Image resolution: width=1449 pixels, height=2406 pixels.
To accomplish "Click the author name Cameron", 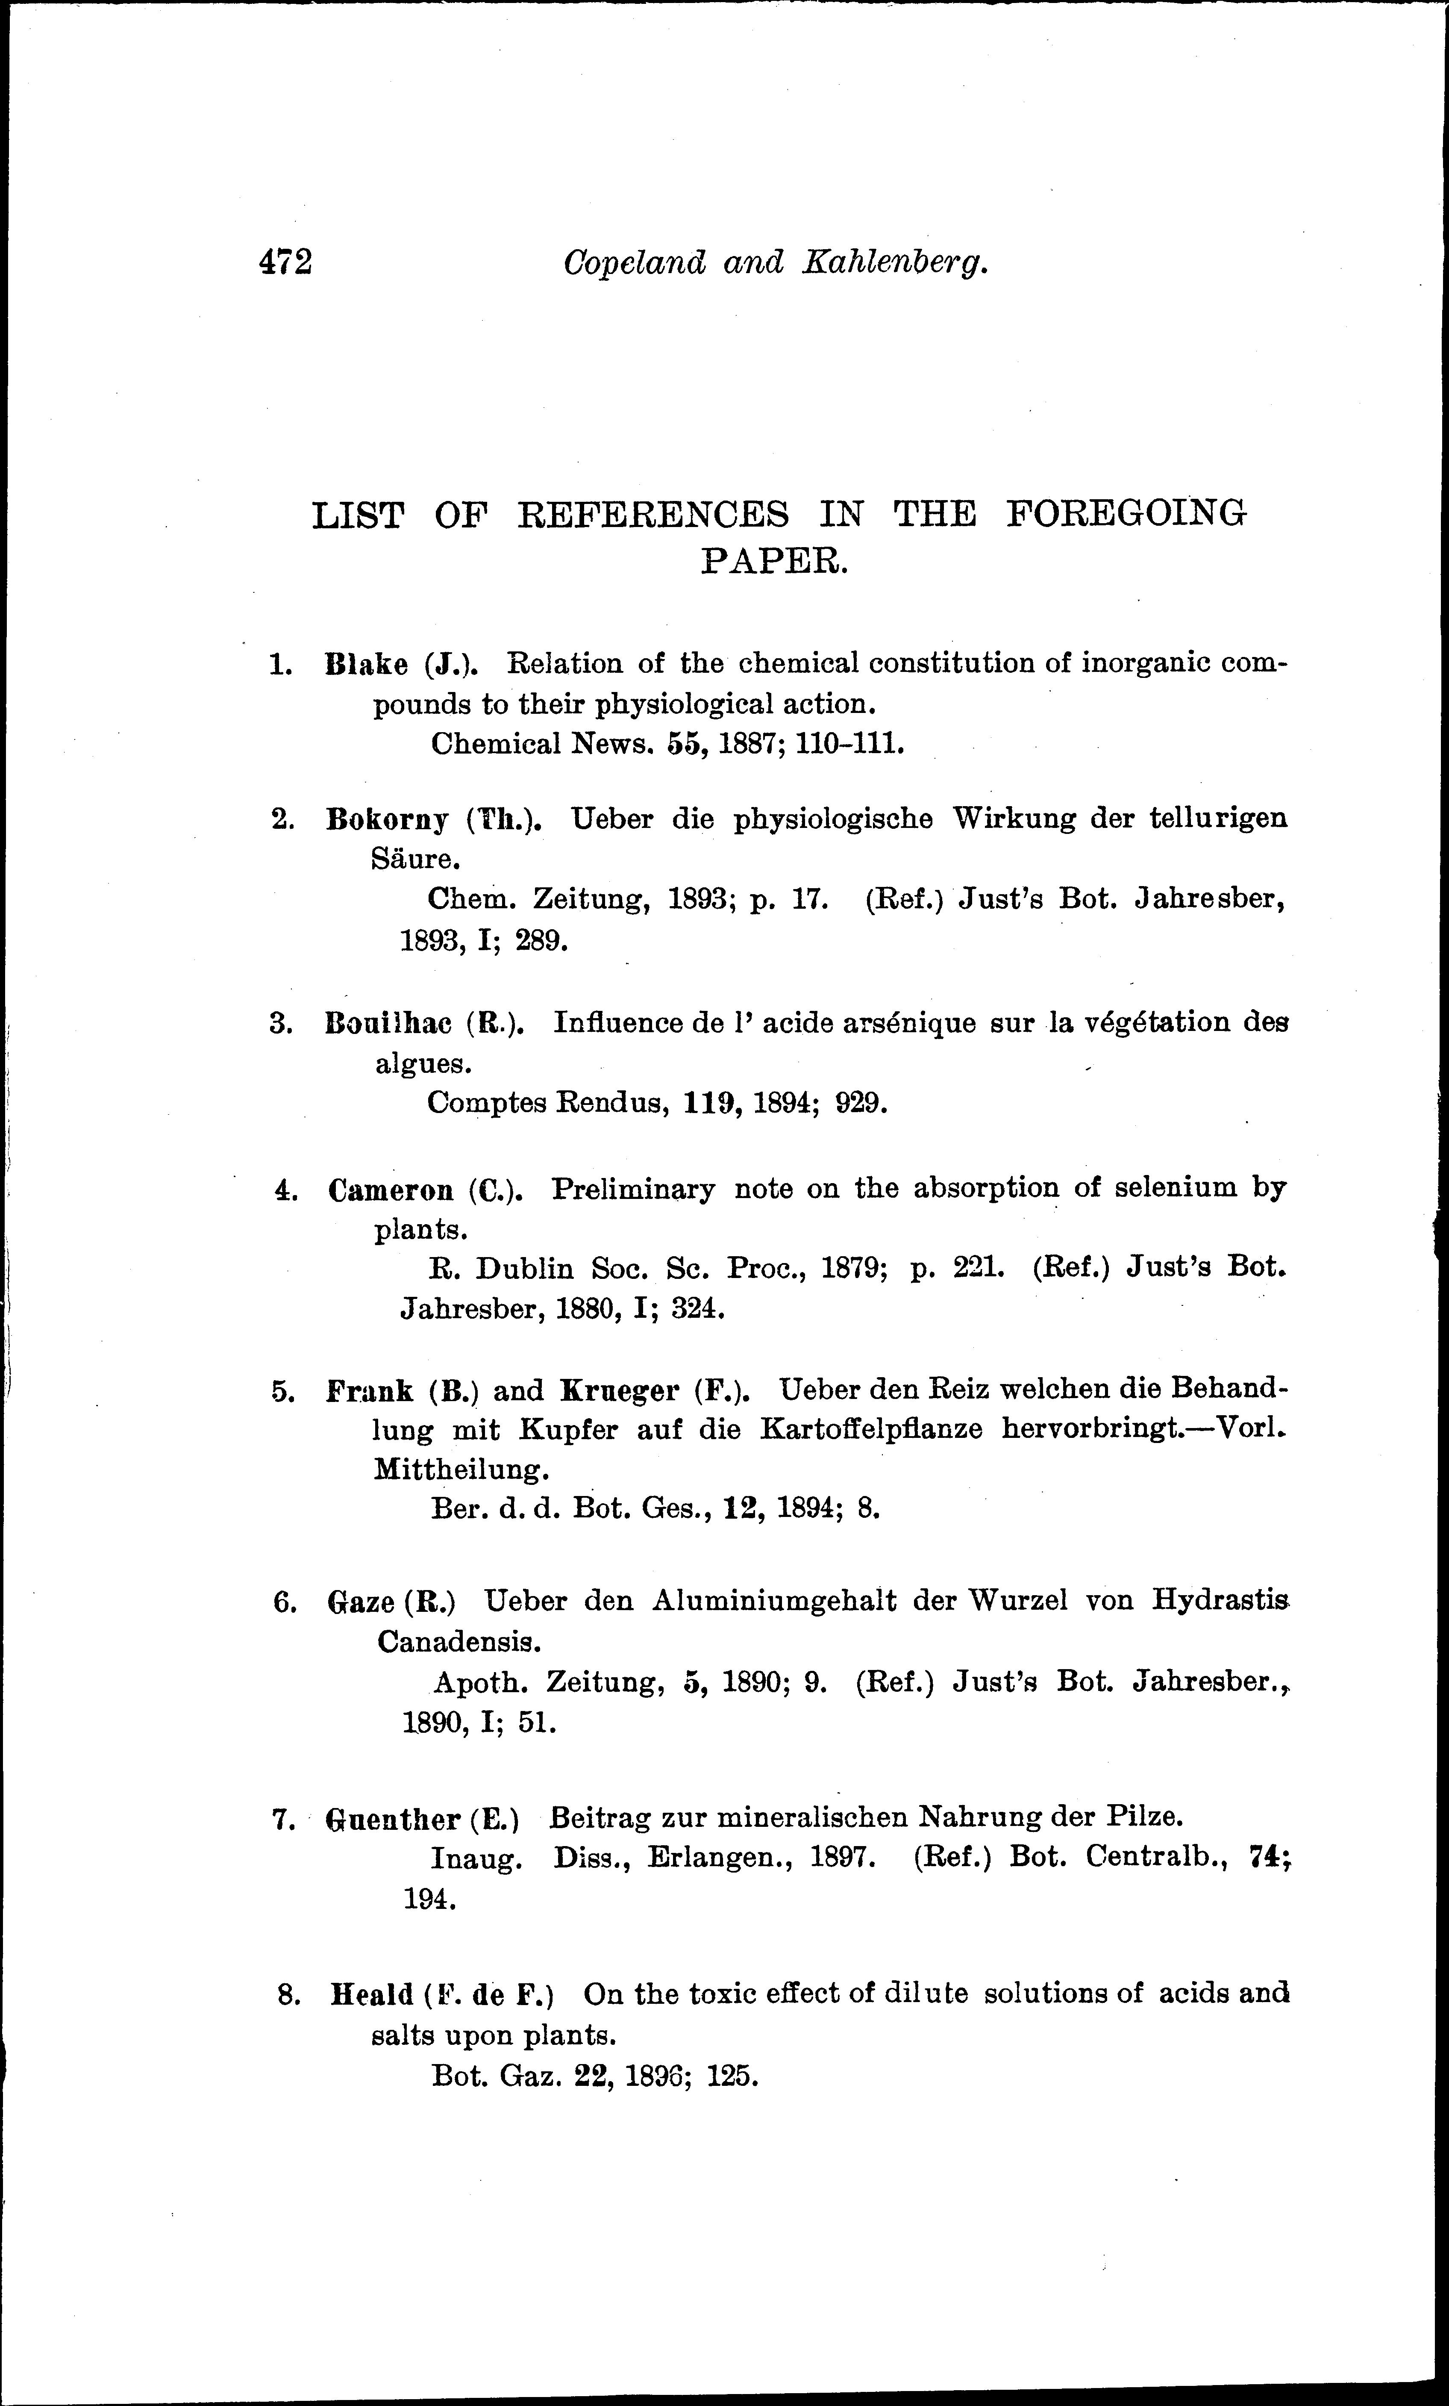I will (391, 1190).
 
